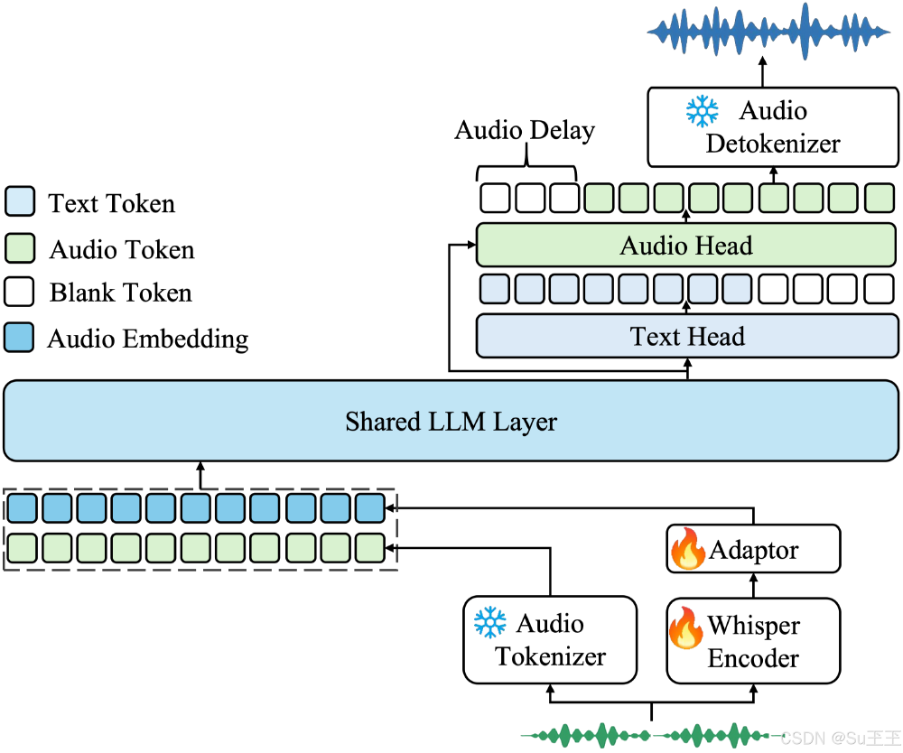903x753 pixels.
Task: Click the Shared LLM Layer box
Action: pos(451,421)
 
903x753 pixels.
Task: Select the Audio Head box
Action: pos(686,246)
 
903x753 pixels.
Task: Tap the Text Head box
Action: pos(687,337)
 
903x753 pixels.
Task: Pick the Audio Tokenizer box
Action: pos(550,639)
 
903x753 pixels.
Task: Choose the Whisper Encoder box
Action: pos(753,639)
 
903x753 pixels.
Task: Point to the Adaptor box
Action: pos(753,549)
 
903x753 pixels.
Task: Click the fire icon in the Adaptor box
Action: pos(687,549)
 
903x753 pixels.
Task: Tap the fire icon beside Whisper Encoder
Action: pos(685,627)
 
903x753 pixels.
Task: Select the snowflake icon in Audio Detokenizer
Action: pos(702,112)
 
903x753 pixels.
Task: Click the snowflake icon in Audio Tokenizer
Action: pos(490,623)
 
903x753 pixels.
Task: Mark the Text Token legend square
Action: pos(19,201)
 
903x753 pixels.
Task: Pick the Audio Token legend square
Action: pos(19,247)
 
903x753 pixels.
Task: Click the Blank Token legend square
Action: pos(19,292)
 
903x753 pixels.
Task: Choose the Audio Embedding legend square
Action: pos(19,338)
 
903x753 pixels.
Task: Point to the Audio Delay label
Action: pos(525,131)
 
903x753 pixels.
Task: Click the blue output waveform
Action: pos(767,28)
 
